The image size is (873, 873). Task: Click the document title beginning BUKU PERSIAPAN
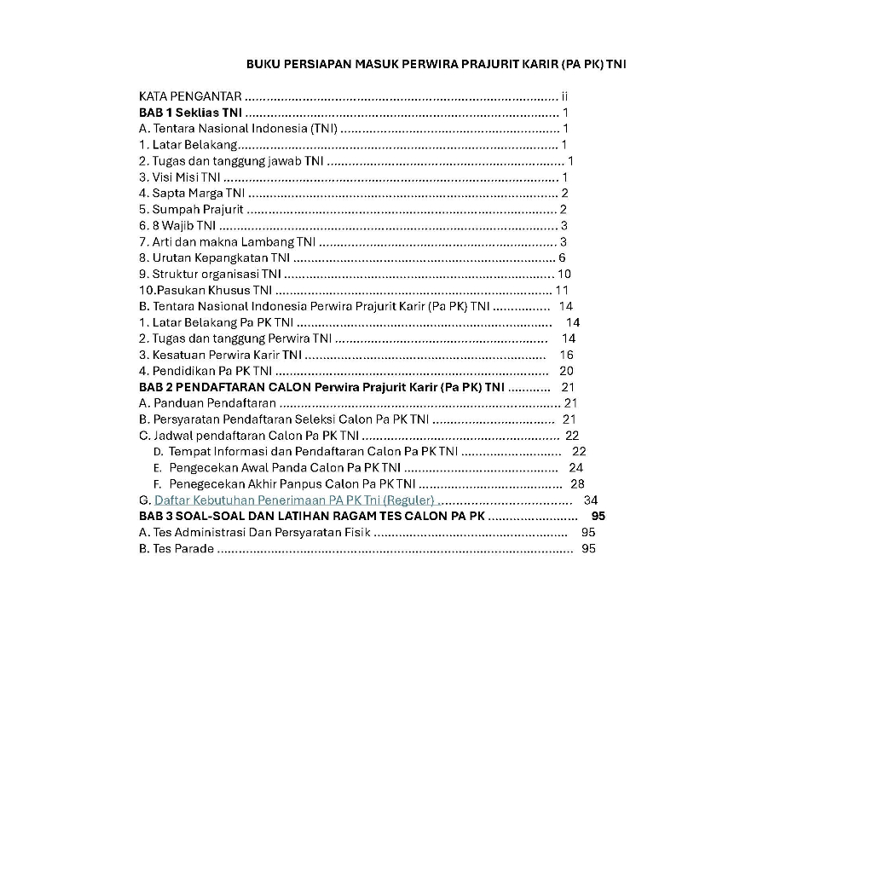(436, 64)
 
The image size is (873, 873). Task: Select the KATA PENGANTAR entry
(189, 96)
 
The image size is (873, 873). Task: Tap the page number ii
(564, 96)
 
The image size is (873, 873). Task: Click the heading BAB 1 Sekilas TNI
(190, 113)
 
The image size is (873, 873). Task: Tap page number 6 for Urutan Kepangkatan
(562, 257)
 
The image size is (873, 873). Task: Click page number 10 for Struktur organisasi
(564, 274)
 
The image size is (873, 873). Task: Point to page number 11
(561, 290)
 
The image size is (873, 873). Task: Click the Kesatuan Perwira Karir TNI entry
(220, 355)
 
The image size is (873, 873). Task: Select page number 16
(566, 355)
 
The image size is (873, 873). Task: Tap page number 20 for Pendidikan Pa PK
(566, 371)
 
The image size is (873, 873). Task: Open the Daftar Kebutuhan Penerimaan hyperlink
(294, 500)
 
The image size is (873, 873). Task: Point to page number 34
(590, 500)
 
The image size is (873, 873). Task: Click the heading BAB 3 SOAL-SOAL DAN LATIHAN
(311, 516)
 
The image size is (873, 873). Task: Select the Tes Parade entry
(176, 548)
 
